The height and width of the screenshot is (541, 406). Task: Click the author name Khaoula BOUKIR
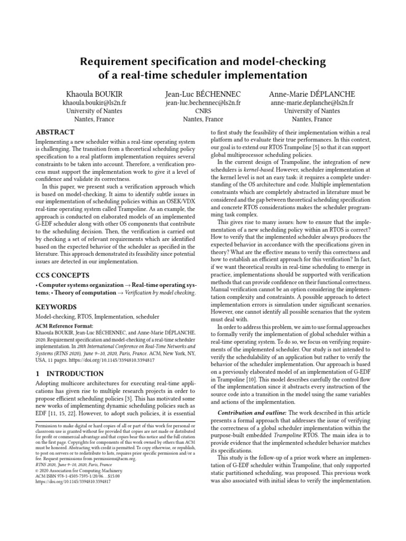[x=94, y=93]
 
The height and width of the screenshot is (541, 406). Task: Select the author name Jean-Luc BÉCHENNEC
[x=203, y=93]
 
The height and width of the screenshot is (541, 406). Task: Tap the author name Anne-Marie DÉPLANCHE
[x=312, y=93]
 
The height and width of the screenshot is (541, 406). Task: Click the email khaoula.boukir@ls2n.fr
[x=94, y=102]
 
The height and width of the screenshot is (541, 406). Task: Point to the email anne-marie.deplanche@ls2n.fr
[x=312, y=102]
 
